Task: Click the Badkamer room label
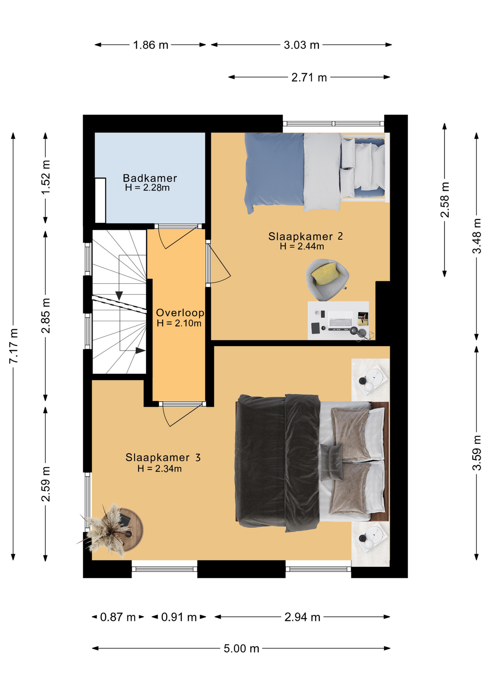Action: click(150, 178)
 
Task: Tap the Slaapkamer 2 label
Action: click(305, 236)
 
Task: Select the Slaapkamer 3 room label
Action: click(163, 457)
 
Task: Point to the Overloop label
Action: click(180, 313)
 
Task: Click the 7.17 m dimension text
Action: click(13, 346)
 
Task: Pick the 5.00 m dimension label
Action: click(241, 649)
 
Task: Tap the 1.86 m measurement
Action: click(150, 45)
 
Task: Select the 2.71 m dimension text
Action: click(309, 78)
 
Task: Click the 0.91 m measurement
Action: click(179, 617)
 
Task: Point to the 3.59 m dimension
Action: click(477, 453)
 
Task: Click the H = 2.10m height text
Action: click(179, 323)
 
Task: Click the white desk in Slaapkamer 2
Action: click(338, 321)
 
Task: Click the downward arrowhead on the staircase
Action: click(119, 296)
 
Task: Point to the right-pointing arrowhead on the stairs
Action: click(141, 350)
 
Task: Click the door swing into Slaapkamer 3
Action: click(182, 415)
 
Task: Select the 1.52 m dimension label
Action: click(45, 177)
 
